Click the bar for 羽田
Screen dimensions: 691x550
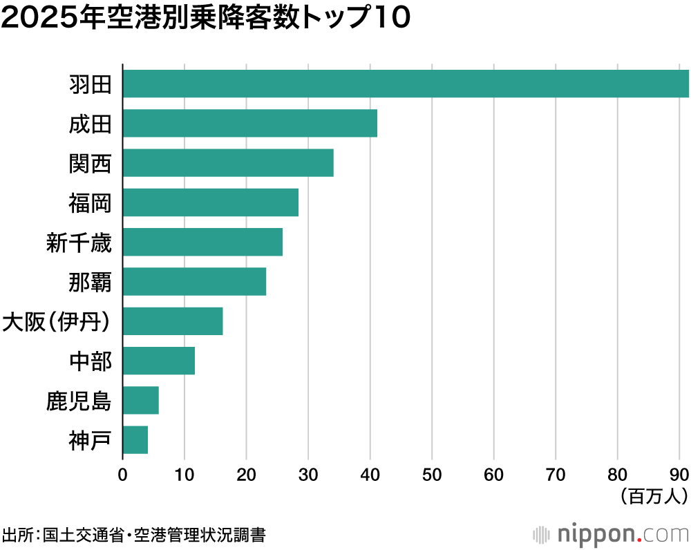[406, 84]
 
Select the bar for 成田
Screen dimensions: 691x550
[250, 123]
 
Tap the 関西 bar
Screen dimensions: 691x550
[228, 162]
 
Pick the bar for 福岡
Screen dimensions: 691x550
[211, 202]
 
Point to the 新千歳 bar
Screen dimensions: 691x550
[202, 242]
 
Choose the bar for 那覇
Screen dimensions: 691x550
[194, 282]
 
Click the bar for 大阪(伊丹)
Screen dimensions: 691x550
[173, 321]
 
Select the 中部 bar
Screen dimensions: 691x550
[159, 361]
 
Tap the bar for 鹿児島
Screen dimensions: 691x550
[140, 400]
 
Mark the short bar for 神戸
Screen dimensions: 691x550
[135, 440]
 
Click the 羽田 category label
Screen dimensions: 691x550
[91, 84]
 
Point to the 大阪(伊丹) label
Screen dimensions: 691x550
[56, 322]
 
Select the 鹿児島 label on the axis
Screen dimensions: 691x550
[79, 401]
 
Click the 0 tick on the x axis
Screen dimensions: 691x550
[122, 475]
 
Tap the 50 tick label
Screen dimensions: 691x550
[432, 475]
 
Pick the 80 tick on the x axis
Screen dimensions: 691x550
[617, 475]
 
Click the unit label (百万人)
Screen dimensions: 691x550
[654, 496]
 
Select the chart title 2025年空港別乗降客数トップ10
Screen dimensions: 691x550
[206, 18]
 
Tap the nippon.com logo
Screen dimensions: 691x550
[611, 535]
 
